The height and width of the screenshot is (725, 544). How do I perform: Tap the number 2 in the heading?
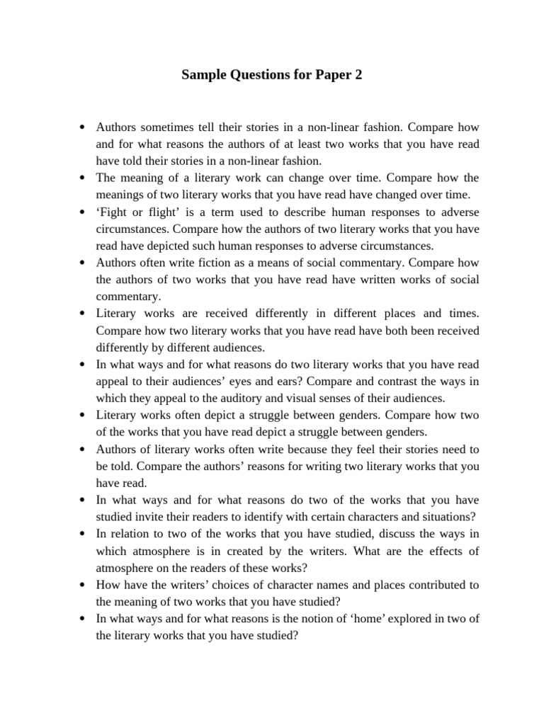click(358, 74)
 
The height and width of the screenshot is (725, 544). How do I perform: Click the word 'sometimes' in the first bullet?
click(166, 127)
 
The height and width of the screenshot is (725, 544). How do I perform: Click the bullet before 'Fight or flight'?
click(83, 212)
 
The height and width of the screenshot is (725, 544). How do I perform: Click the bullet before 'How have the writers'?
click(83, 585)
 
